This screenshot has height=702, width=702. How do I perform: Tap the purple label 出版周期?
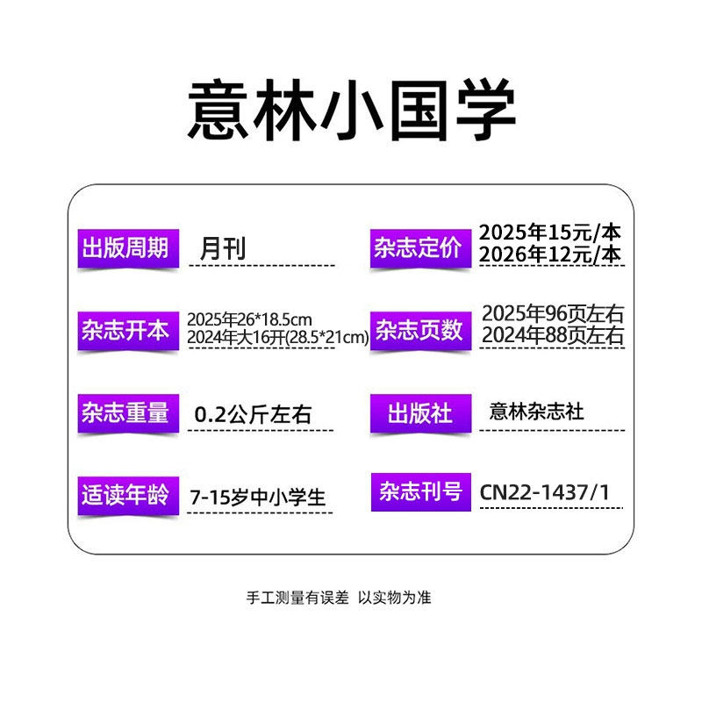coord(125,248)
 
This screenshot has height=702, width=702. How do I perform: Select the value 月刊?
coord(222,248)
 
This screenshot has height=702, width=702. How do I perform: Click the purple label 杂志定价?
coord(418,248)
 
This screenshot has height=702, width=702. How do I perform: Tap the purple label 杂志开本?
coord(125,331)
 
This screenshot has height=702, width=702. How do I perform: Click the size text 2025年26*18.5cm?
coord(249,319)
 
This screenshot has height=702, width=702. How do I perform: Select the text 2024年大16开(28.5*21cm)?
coord(277,339)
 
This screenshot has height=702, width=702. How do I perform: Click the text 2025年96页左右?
coord(553,314)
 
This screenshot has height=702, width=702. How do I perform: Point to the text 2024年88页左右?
coord(553,336)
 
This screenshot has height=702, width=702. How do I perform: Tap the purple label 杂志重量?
coord(125,413)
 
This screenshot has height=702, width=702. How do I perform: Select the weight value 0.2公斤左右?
coord(252,414)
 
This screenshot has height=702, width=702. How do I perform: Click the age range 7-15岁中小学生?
coord(257,498)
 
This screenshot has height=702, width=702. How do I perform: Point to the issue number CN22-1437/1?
coord(544,492)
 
